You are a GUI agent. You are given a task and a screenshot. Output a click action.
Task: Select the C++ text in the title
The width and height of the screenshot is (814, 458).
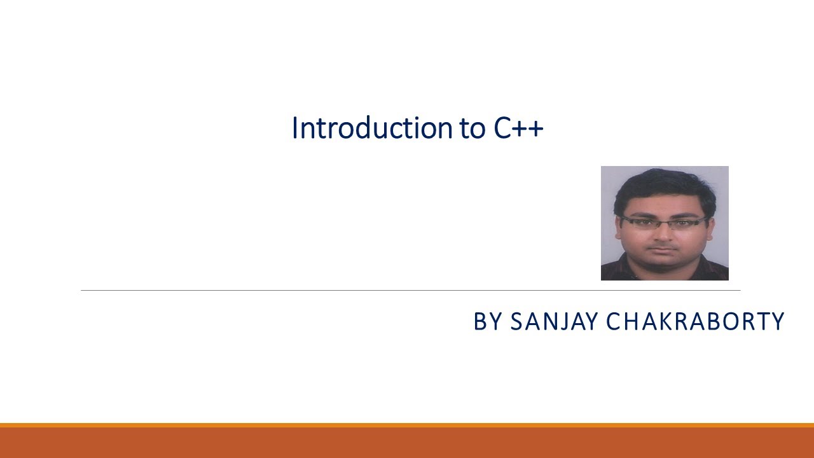(x=518, y=128)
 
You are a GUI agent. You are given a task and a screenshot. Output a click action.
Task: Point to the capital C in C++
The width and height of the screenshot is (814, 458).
(x=504, y=128)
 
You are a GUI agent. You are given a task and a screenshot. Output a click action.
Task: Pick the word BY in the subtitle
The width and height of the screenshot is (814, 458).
(x=488, y=322)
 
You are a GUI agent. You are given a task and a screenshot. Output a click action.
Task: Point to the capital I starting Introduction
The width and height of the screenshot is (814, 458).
(x=294, y=128)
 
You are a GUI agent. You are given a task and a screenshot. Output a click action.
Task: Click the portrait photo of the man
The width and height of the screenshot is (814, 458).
(x=665, y=223)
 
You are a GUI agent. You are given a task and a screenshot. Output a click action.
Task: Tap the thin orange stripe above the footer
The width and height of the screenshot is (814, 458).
(x=407, y=425)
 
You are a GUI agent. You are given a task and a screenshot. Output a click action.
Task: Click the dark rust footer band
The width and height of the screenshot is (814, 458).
(x=407, y=443)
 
